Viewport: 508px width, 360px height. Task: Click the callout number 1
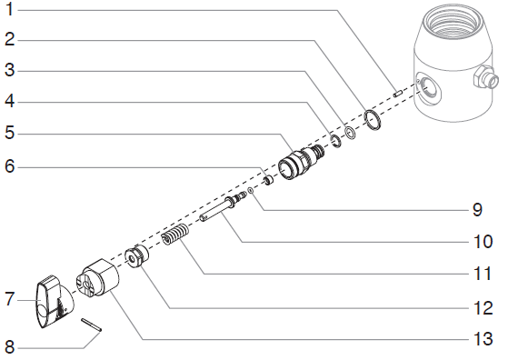click(x=10, y=9)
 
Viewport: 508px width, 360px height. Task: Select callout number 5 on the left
click(x=10, y=132)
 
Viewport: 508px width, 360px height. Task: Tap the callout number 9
click(x=477, y=210)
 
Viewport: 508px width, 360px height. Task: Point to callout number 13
click(x=483, y=339)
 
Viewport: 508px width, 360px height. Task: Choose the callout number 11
click(x=483, y=274)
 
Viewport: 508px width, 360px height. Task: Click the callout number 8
click(x=10, y=347)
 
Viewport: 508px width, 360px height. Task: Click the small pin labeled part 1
click(x=398, y=94)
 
